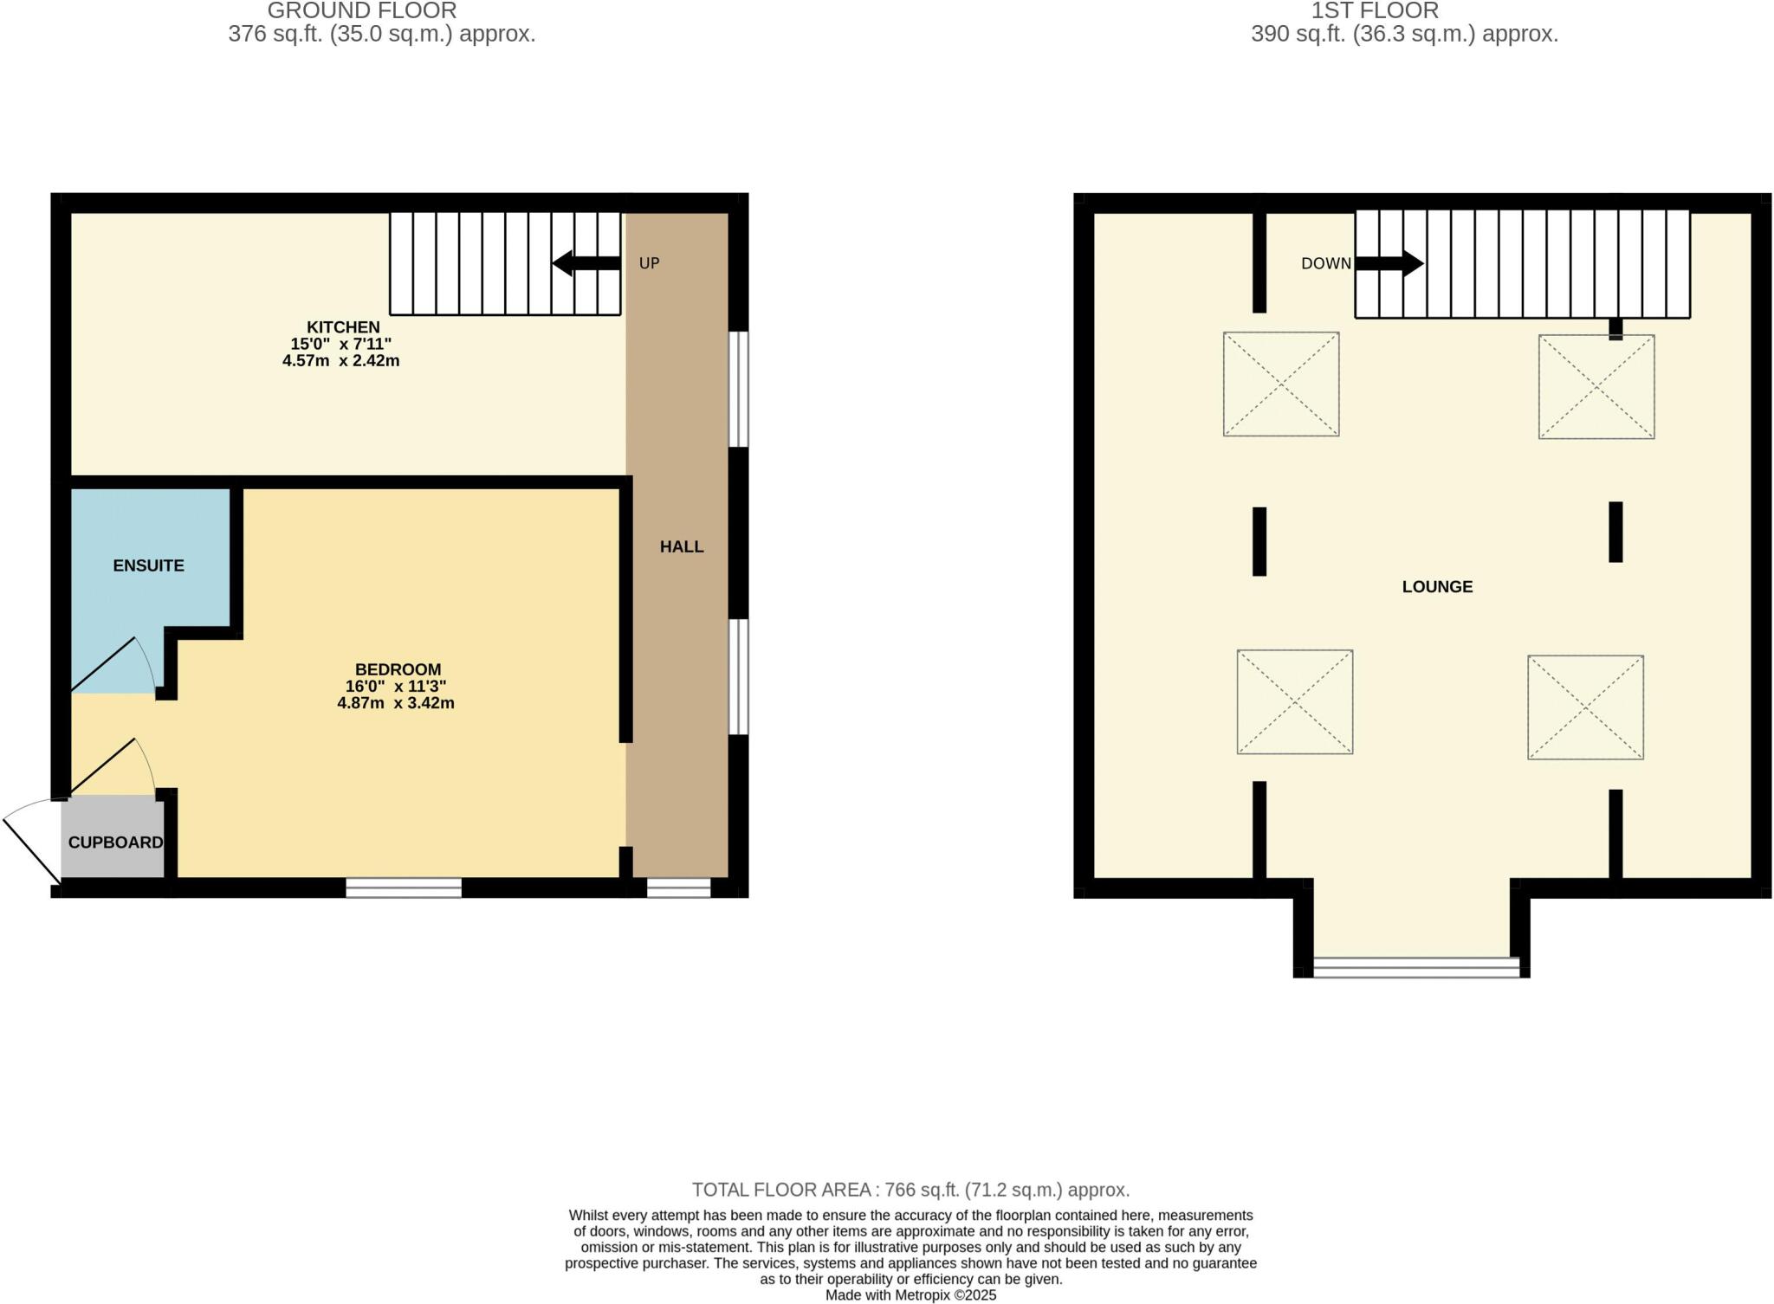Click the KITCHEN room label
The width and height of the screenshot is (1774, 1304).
click(x=343, y=327)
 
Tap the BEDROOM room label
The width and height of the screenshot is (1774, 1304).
click(x=398, y=669)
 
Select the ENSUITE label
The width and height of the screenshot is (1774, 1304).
click(x=148, y=565)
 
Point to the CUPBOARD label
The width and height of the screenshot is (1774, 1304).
click(x=115, y=842)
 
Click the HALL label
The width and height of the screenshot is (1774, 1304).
click(x=682, y=546)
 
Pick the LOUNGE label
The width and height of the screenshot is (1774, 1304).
click(x=1437, y=587)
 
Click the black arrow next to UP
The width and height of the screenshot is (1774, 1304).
click(x=586, y=263)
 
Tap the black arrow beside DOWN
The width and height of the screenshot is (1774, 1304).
click(x=1389, y=263)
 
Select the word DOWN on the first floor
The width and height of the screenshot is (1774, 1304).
click(x=1325, y=263)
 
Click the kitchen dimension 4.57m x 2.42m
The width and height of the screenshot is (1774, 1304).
click(x=340, y=361)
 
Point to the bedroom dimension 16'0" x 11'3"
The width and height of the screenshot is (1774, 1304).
click(x=396, y=686)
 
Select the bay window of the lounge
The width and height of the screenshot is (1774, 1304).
click(x=1416, y=967)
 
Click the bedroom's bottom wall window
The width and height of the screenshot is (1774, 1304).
click(x=404, y=888)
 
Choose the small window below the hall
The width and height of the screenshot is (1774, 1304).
click(x=678, y=888)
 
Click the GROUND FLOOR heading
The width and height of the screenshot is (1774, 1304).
click(x=362, y=11)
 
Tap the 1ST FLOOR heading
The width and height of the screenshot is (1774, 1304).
click(x=1375, y=11)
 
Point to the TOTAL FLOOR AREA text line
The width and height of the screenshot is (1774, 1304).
click(x=910, y=1190)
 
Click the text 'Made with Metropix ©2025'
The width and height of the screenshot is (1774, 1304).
click(x=910, y=1295)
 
